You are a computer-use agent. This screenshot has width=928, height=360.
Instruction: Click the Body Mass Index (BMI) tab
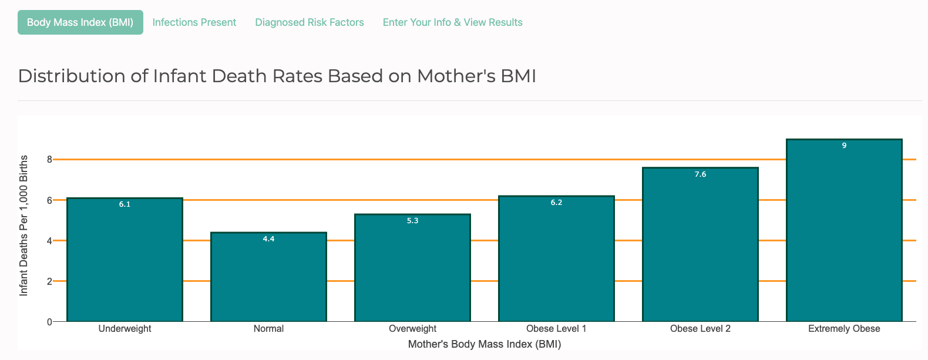80,22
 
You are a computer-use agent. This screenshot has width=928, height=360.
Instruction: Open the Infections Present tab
194,22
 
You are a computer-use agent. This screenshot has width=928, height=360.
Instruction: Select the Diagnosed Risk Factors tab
310,22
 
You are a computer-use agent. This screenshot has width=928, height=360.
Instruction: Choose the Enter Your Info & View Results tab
452,22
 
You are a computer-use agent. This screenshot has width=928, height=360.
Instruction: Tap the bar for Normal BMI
268,279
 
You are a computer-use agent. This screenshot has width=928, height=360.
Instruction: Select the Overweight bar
412,270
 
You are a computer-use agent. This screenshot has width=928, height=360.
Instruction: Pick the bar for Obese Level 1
556,261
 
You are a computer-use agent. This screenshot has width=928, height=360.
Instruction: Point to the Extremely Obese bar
844,235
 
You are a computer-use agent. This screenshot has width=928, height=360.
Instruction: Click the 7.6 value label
700,174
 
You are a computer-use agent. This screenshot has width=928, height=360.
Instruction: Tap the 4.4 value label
268,239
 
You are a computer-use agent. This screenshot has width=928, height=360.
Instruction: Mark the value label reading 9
844,146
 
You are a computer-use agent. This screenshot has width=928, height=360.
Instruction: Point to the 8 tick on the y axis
49,159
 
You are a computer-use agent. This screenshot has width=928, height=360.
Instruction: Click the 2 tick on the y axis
49,281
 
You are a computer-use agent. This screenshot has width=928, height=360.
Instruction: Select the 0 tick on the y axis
49,322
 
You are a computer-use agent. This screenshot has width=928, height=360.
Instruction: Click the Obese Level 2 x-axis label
700,329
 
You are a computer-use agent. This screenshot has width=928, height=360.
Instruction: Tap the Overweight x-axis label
412,329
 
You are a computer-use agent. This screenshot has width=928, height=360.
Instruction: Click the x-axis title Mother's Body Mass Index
485,344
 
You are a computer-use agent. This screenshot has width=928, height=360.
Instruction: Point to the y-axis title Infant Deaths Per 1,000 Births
23,226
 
